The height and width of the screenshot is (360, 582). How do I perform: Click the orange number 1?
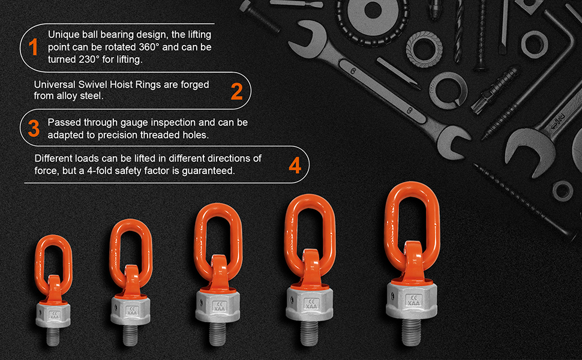(34, 47)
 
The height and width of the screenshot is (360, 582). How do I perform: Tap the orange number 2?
(236, 91)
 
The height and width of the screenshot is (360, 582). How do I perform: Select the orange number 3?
(34, 128)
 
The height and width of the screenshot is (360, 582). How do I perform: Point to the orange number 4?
(295, 166)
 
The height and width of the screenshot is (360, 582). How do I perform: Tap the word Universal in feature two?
(55, 85)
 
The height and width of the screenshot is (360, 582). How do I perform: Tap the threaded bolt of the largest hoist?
(411, 331)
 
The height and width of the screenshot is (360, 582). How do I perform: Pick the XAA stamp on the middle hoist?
(220, 307)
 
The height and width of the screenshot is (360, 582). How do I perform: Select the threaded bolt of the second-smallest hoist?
(130, 335)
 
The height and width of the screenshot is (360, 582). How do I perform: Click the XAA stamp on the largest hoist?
(413, 300)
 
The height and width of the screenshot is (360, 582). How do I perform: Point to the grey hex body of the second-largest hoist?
(310, 305)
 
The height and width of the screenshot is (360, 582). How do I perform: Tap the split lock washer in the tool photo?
(447, 91)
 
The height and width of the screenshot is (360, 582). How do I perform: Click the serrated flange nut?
(424, 49)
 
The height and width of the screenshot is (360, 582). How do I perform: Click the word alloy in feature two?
(67, 96)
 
